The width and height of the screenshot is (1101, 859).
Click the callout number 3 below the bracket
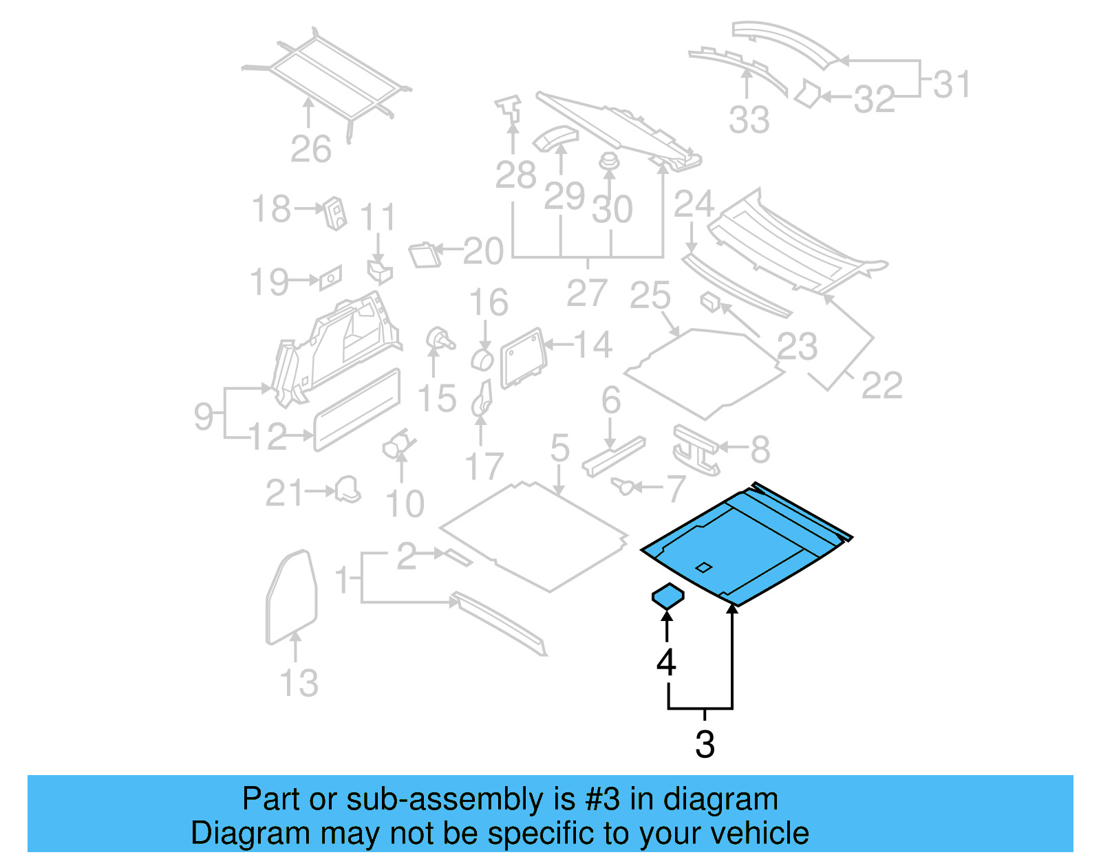click(x=705, y=744)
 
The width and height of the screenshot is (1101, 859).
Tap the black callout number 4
click(x=666, y=662)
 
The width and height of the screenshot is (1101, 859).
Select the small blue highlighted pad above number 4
click(x=667, y=596)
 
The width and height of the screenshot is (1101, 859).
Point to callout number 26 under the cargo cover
click(x=310, y=149)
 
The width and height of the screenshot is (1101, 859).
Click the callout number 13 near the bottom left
click(x=299, y=683)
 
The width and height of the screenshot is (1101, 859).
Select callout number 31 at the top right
click(x=952, y=85)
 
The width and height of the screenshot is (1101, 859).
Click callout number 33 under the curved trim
click(x=749, y=120)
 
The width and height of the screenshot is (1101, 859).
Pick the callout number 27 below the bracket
click(x=587, y=293)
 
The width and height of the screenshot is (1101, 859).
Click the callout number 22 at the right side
click(x=881, y=385)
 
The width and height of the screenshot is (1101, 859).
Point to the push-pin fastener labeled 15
click(x=439, y=340)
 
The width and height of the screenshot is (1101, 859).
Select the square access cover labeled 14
click(x=523, y=358)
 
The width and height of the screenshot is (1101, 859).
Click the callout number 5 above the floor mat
click(x=559, y=448)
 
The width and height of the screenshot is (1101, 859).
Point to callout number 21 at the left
click(x=284, y=493)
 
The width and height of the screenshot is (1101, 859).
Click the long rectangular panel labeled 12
click(x=356, y=410)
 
